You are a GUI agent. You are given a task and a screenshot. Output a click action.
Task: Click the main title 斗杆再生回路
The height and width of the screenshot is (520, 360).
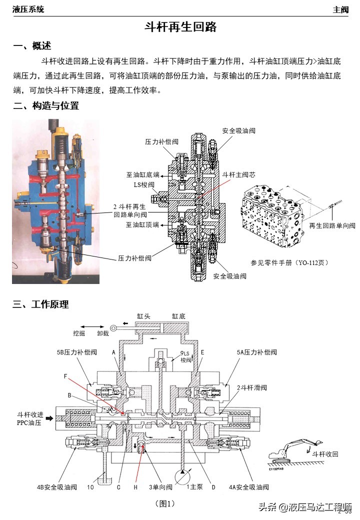[x=180, y=27]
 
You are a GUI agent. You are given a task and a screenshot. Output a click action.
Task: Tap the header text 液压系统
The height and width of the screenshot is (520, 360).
[x=28, y=9]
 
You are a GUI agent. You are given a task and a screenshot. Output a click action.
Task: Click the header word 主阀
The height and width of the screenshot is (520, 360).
[x=340, y=9]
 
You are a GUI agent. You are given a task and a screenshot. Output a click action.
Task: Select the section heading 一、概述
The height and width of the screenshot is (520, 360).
[x=32, y=46]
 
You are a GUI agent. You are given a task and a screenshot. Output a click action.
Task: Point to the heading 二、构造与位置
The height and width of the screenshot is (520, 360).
[x=46, y=106]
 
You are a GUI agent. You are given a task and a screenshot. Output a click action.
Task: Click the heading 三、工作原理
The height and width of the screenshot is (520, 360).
[x=41, y=304]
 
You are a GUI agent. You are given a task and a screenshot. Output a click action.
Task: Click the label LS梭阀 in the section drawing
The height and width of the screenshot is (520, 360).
[x=144, y=184]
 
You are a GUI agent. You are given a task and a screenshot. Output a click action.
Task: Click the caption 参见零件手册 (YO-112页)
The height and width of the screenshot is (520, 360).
[x=289, y=262]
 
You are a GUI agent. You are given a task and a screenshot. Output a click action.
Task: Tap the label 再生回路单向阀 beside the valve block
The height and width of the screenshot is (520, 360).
[x=332, y=225]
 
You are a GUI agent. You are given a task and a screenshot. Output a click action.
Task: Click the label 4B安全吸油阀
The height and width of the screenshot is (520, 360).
[x=55, y=487]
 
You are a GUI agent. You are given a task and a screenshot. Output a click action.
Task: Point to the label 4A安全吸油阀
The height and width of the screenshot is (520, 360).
[x=248, y=487]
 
